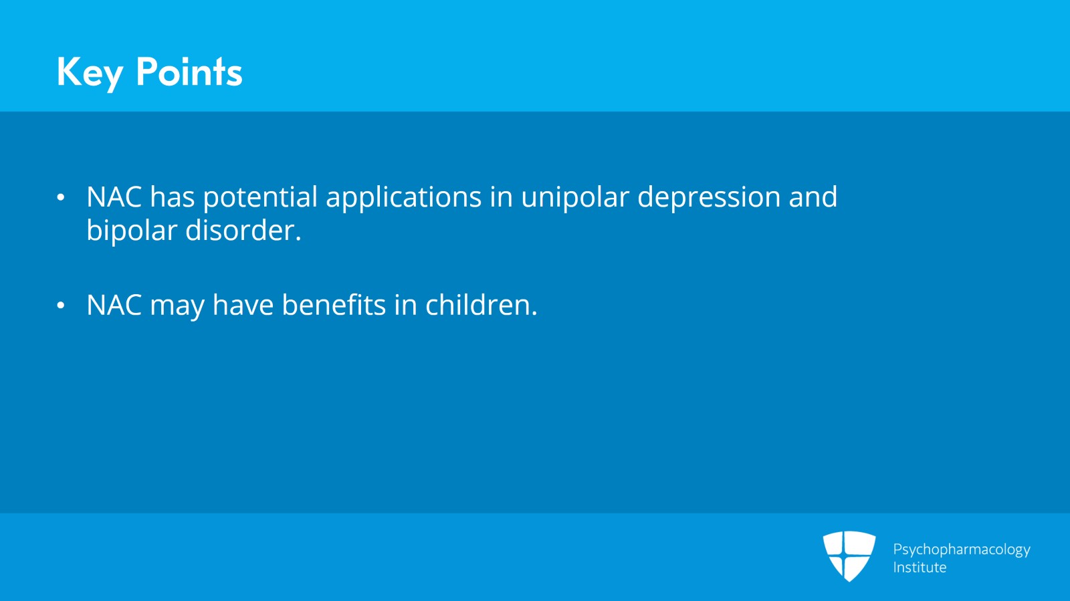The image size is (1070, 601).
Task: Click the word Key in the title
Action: coord(90,72)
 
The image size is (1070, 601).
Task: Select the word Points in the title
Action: coord(189,72)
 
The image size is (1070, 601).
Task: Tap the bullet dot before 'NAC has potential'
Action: coord(61,197)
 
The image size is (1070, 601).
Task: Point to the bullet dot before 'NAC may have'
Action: coord(61,306)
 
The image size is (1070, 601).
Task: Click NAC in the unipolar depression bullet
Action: coord(114,197)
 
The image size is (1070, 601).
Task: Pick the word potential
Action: coord(260,198)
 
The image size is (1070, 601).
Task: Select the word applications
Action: coord(403,198)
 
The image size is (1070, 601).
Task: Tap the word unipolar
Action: coord(574,198)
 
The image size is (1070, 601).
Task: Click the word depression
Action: coord(708,198)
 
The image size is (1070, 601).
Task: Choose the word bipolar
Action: coord(132,231)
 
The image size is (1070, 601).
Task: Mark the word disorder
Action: coord(243,231)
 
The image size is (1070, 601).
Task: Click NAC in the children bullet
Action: coord(114,306)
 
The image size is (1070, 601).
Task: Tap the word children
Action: coord(481,306)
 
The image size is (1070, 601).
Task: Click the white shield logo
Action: coord(849,556)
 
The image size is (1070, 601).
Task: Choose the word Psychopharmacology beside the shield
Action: coord(961,550)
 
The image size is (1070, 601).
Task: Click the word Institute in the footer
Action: coord(920,568)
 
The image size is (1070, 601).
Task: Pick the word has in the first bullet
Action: coord(172,198)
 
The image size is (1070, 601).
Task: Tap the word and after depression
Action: coord(813,198)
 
